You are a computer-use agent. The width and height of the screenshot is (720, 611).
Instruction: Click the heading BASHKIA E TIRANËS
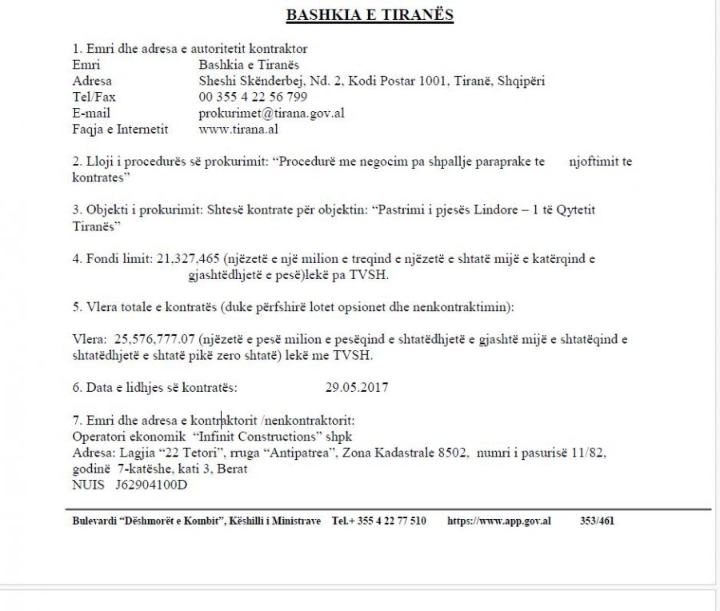pos(370,15)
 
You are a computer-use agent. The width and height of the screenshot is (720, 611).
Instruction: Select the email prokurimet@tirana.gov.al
pos(271,113)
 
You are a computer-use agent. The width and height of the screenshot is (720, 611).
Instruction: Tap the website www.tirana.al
pos(238,128)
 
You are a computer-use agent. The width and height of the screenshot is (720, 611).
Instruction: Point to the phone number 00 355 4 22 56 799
pos(253,97)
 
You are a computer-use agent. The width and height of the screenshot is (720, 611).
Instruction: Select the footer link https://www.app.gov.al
pos(498,521)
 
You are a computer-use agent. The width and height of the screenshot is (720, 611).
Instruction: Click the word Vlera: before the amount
pos(88,339)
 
